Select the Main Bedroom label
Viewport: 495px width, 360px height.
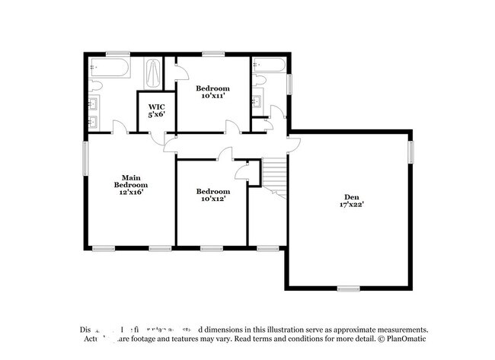point(131,181)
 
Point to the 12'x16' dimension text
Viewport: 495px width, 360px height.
point(131,193)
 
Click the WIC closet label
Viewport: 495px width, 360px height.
point(156,107)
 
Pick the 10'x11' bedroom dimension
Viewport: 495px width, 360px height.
point(212,97)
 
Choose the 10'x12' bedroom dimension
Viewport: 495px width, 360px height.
point(212,199)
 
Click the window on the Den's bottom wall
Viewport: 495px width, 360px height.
point(348,288)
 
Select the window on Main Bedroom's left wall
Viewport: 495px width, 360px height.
point(85,160)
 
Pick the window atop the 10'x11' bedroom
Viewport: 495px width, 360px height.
point(210,53)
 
